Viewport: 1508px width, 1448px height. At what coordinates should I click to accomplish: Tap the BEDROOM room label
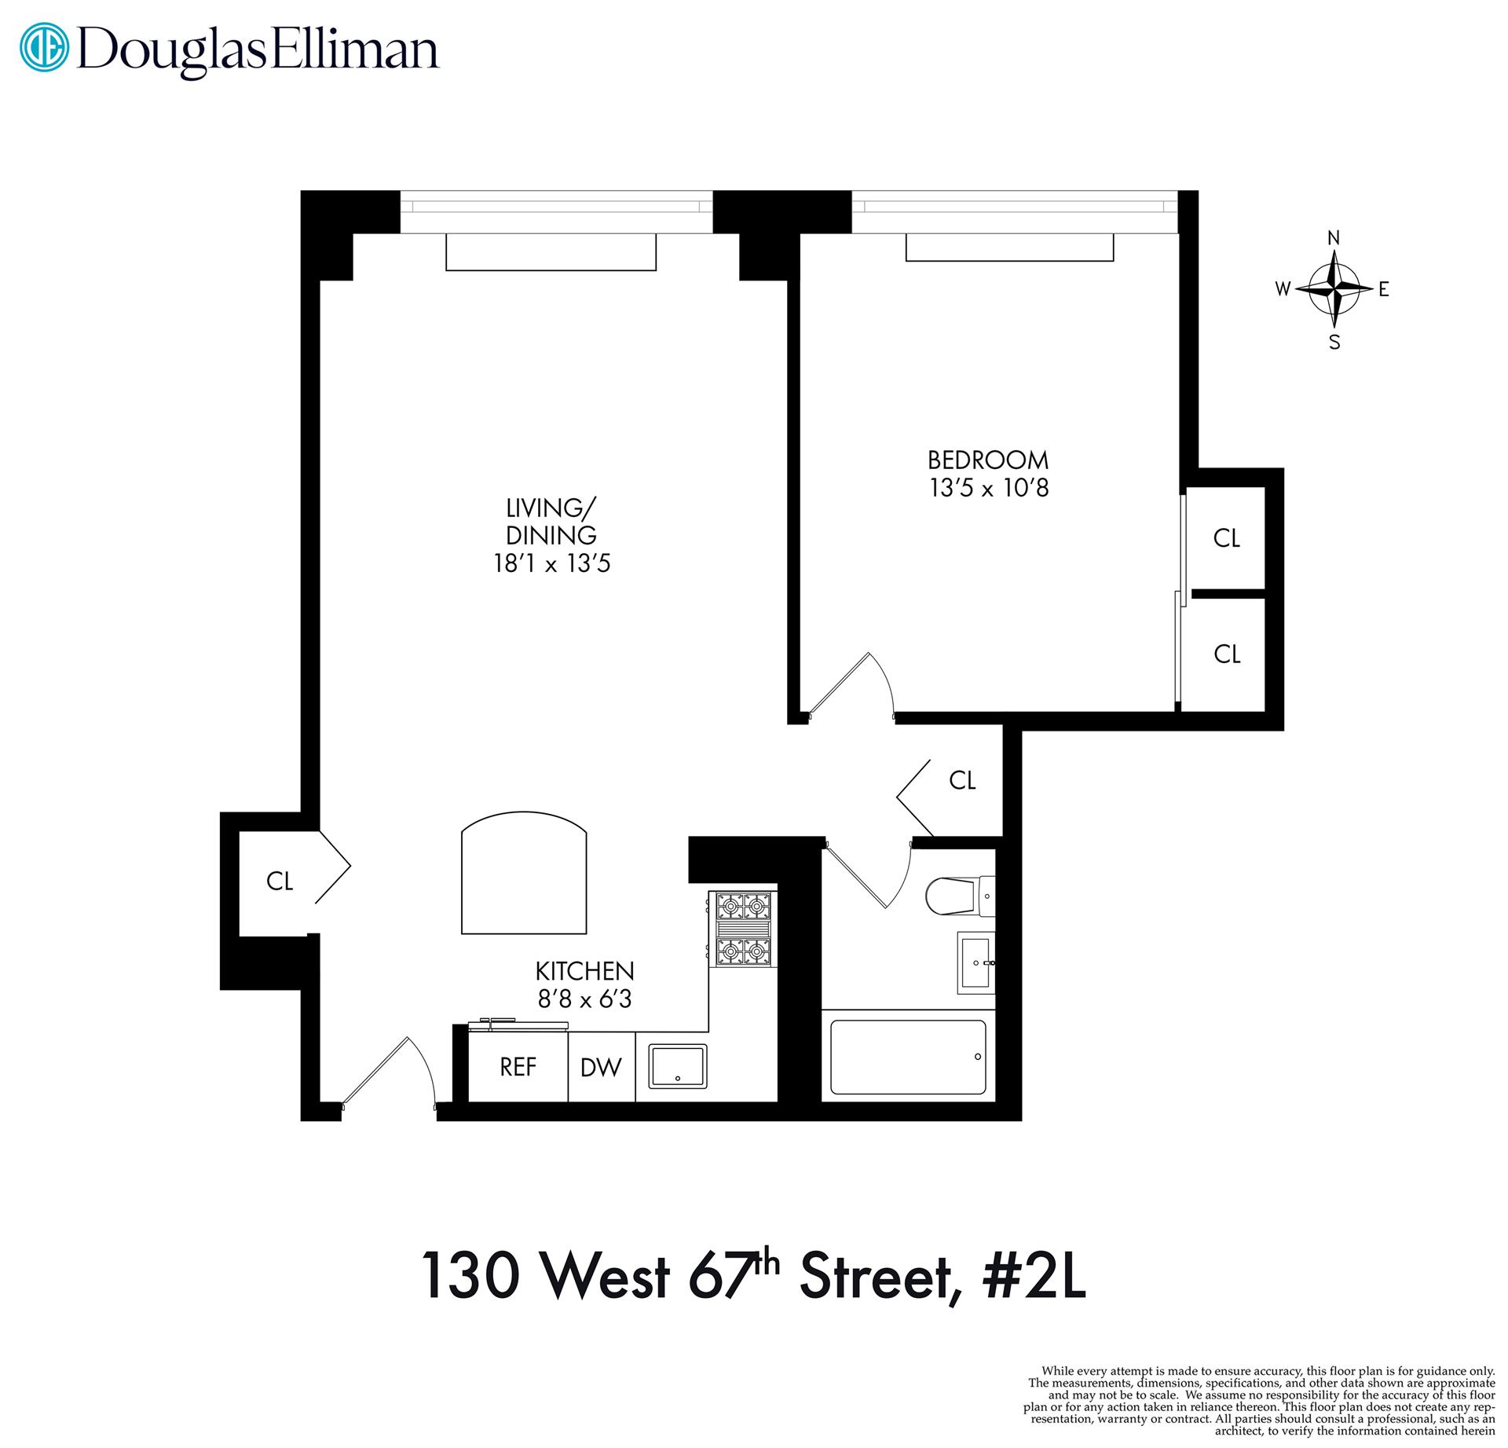tap(988, 460)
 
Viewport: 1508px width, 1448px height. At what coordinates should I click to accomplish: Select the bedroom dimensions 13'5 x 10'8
tap(989, 489)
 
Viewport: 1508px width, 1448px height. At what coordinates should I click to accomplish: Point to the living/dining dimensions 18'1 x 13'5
tap(551, 564)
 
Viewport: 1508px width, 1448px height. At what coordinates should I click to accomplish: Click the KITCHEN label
tap(584, 971)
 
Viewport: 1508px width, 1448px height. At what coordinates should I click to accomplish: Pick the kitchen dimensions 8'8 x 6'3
tap(584, 999)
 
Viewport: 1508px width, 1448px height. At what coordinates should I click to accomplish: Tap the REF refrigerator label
tap(518, 1067)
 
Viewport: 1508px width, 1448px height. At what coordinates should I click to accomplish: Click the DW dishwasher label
tap(601, 1067)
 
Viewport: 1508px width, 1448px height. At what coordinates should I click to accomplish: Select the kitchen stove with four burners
tap(742, 929)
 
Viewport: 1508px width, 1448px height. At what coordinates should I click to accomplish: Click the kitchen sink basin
tap(677, 1065)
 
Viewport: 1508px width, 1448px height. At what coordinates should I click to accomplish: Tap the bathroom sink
tap(975, 962)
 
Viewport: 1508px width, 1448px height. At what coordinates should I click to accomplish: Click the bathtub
tap(907, 1057)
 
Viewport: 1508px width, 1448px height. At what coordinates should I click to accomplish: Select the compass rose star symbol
tap(1334, 289)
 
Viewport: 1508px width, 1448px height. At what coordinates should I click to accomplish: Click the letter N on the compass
tap(1334, 238)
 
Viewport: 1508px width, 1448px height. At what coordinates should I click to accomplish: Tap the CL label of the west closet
tap(280, 882)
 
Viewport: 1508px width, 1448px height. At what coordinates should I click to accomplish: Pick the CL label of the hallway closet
tap(962, 780)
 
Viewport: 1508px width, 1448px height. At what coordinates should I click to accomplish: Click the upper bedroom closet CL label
tap(1226, 538)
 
